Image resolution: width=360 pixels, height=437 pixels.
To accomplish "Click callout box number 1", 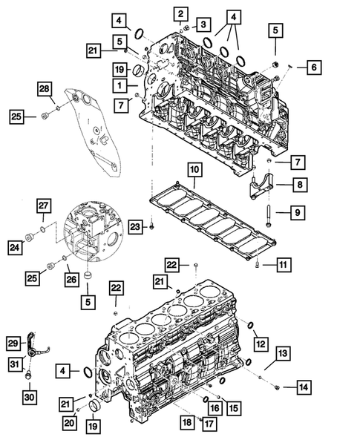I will (x=119, y=86).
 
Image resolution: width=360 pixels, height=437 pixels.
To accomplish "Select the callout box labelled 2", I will (x=180, y=12).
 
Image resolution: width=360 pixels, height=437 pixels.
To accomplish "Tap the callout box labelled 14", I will (x=303, y=386).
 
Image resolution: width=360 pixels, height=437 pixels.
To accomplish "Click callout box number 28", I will (x=45, y=90).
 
